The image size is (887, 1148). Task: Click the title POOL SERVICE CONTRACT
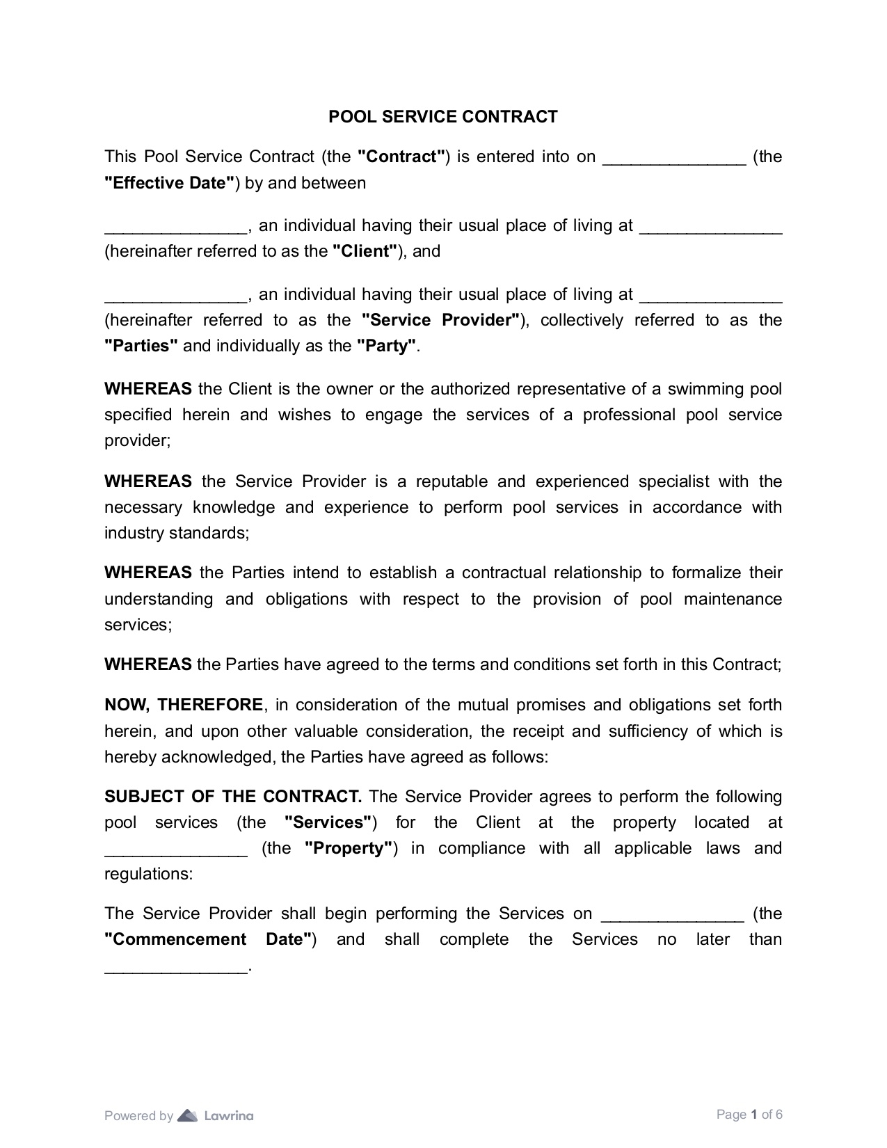tap(442, 117)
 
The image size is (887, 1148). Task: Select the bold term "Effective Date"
tap(169, 183)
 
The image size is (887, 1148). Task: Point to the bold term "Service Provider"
tap(441, 320)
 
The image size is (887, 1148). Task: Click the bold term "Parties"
tap(141, 346)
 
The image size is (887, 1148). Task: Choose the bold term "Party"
tap(386, 346)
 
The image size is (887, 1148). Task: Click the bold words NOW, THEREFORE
tap(184, 705)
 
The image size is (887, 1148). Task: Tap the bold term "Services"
tap(328, 822)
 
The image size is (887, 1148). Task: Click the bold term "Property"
tap(349, 848)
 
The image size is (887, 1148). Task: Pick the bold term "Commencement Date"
tap(207, 939)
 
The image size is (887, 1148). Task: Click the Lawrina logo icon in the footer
tap(188, 1116)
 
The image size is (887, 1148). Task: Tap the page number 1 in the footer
tap(753, 1115)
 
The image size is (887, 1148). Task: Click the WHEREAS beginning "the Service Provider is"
tap(148, 481)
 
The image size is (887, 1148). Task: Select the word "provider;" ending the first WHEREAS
tap(137, 440)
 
